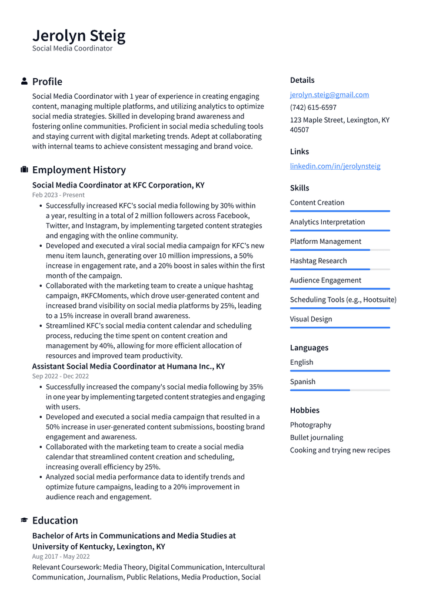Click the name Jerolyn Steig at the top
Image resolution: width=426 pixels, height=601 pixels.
[x=79, y=36]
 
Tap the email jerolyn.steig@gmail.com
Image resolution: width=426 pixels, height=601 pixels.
[x=329, y=95]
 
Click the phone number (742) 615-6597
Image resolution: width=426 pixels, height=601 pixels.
[x=313, y=108]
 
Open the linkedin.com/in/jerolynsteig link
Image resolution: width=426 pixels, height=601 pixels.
[x=335, y=166]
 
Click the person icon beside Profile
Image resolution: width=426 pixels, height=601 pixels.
[x=24, y=81]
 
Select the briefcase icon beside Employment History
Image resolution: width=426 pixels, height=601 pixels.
[x=24, y=170]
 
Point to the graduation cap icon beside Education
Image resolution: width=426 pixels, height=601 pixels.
[x=24, y=521]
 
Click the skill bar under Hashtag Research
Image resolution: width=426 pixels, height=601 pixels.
[x=340, y=269]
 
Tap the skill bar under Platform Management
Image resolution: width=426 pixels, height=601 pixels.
[x=340, y=250]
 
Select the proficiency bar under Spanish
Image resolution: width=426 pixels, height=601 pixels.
[x=340, y=390]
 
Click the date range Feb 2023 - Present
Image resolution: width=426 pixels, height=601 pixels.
[x=58, y=195]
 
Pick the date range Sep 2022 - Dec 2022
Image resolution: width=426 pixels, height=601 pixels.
[x=61, y=376]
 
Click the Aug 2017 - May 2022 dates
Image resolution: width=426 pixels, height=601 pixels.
[x=61, y=556]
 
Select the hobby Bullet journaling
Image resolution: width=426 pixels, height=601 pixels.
[x=317, y=438]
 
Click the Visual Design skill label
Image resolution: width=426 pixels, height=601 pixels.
[x=311, y=319]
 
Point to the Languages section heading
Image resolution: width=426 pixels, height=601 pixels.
[x=309, y=348]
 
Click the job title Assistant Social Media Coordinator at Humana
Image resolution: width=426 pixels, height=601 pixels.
[x=128, y=366]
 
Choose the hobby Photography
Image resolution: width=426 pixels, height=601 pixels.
[x=311, y=425]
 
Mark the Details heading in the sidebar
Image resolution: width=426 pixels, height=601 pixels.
[x=302, y=80]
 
